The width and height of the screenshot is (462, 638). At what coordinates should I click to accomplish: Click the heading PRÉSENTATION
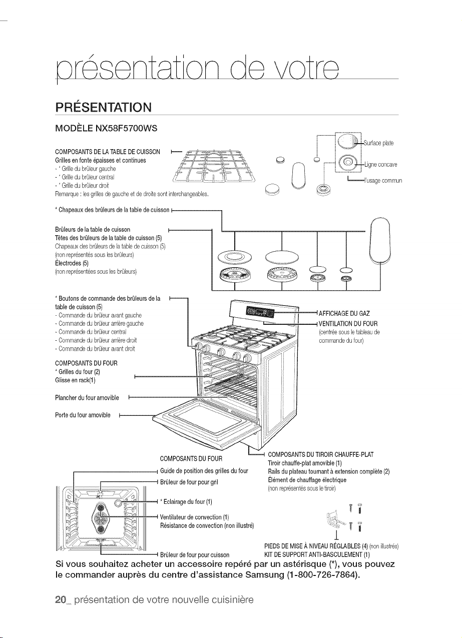point(104,107)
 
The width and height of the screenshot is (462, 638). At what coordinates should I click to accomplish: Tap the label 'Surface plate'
point(378,143)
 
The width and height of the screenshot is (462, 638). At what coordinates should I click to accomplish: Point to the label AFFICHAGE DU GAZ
point(344,314)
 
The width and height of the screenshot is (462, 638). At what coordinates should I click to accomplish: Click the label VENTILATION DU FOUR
point(348,324)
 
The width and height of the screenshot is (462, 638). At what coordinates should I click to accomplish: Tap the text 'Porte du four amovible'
point(83,415)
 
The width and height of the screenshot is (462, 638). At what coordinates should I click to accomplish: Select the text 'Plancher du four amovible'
point(87,398)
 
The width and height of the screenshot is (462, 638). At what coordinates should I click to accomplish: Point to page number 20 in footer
point(61,600)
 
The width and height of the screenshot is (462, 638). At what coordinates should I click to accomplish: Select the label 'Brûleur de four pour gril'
point(189,482)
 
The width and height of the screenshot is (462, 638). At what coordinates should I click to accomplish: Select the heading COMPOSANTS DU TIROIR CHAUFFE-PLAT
point(320,454)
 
